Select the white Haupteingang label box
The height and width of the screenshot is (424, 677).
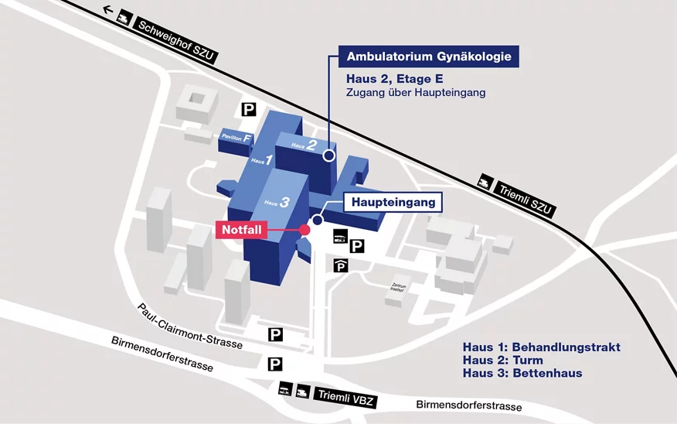click(x=393, y=203)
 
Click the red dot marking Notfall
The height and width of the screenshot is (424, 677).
click(x=304, y=230)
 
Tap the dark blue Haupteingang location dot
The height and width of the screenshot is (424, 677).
click(x=317, y=221)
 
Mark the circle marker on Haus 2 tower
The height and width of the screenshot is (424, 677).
click(x=328, y=156)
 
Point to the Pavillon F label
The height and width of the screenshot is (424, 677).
click(x=236, y=138)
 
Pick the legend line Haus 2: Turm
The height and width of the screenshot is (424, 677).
click(x=502, y=360)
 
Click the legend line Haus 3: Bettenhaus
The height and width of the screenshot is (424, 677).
click(x=522, y=373)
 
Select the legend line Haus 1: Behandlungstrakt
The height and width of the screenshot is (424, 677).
click(x=541, y=347)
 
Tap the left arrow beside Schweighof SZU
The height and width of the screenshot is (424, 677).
click(x=108, y=12)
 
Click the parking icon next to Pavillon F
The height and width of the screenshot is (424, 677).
click(x=248, y=110)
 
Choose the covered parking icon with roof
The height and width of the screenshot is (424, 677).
click(x=341, y=265)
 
